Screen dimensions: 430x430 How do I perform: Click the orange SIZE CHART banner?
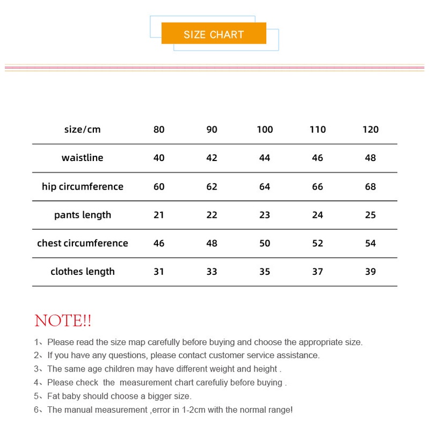click(214, 33)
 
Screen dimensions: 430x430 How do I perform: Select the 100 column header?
click(265, 129)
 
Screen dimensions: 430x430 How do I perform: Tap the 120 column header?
click(370, 129)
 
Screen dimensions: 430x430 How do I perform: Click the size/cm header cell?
click(83, 129)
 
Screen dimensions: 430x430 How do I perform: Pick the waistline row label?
click(83, 158)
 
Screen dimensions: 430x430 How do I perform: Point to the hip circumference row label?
click(83, 187)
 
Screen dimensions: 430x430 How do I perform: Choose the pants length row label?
click(83, 215)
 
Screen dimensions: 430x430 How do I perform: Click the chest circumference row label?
click(83, 243)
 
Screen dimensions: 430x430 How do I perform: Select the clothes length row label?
click(83, 272)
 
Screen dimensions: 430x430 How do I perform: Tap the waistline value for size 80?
click(159, 158)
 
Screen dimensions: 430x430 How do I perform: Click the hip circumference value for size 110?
click(318, 187)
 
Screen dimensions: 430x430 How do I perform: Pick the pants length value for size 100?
click(265, 215)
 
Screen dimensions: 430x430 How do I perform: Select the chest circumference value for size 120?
click(370, 243)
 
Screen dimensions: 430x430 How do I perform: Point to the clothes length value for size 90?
click(212, 272)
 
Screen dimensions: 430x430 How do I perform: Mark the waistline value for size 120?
click(370, 158)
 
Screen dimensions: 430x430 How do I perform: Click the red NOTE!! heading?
click(63, 321)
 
